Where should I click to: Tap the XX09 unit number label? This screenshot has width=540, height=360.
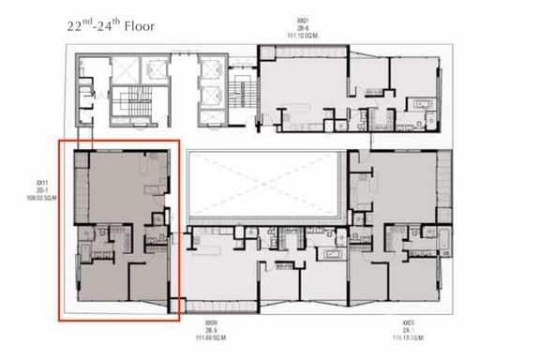tap(214, 321)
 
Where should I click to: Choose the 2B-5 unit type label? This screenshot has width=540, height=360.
tap(214, 327)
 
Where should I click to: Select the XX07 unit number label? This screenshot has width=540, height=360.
tap(408, 321)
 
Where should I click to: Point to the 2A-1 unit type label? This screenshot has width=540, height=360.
tap(408, 327)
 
